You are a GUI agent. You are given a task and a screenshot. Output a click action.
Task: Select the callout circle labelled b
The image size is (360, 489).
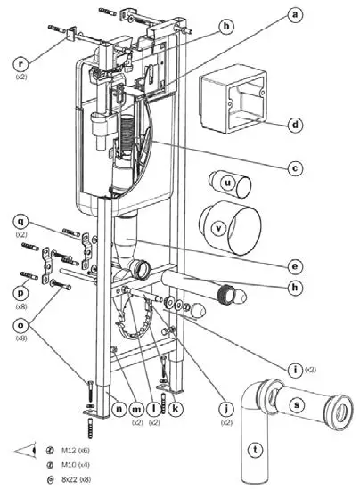pos(226,28)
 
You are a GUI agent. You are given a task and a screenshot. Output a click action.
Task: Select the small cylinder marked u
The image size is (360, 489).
pos(229,183)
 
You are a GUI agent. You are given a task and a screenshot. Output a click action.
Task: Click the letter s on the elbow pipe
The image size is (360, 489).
pos(303,403)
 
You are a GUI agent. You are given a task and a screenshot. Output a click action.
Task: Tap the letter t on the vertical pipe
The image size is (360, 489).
pos(258,450)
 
